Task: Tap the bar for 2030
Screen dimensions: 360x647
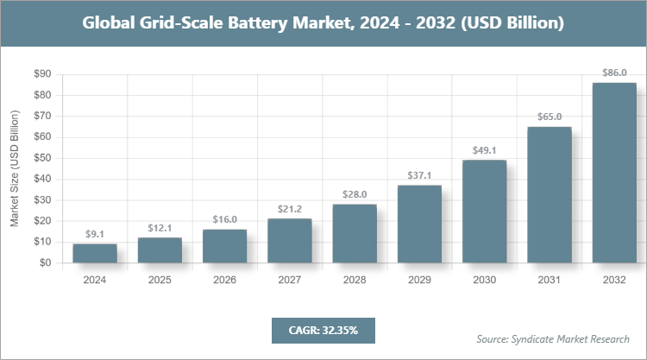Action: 485,212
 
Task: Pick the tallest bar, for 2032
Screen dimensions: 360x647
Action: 614,173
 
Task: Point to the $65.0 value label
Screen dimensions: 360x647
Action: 550,117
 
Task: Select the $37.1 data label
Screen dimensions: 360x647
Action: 420,175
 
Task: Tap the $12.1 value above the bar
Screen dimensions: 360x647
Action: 160,228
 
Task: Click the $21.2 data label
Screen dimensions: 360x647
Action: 290,209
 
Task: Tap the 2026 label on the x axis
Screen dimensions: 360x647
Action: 224,281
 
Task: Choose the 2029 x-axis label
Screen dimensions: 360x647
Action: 420,281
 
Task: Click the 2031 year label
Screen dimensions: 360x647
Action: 550,281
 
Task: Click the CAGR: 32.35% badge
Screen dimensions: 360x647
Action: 323,330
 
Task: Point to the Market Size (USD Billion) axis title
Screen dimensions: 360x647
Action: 15,169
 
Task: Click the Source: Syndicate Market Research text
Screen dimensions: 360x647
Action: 553,338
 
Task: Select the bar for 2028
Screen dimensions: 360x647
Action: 355,234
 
